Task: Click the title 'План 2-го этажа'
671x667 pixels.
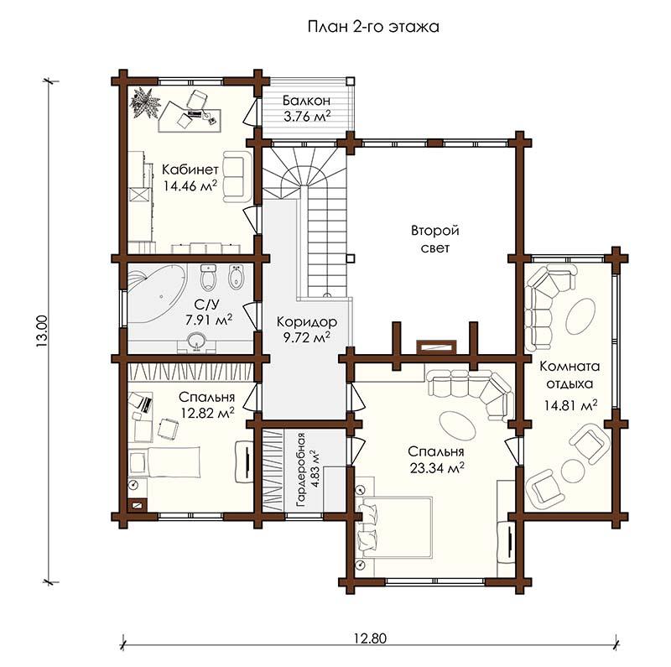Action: [x=373, y=27]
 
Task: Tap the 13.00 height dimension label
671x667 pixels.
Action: [x=43, y=331]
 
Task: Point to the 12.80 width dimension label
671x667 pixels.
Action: [x=370, y=638]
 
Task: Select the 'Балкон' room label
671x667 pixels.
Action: [x=306, y=101]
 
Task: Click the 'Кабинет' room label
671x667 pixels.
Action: [x=190, y=169]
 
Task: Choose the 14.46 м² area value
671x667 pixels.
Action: [x=190, y=185]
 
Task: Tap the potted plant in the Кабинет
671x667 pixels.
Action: [x=144, y=102]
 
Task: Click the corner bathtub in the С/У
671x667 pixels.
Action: [x=157, y=295]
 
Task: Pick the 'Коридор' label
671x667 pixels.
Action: [x=307, y=321]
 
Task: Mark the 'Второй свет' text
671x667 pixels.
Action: [x=435, y=239]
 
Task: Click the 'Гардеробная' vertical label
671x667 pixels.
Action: [x=301, y=470]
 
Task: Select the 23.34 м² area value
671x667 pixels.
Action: [x=437, y=468]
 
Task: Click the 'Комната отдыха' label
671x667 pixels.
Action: [x=570, y=375]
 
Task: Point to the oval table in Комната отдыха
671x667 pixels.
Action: [x=580, y=316]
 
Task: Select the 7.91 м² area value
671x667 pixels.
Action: [x=209, y=320]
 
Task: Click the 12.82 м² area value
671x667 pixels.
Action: [x=207, y=413]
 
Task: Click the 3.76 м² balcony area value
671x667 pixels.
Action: [x=307, y=117]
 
